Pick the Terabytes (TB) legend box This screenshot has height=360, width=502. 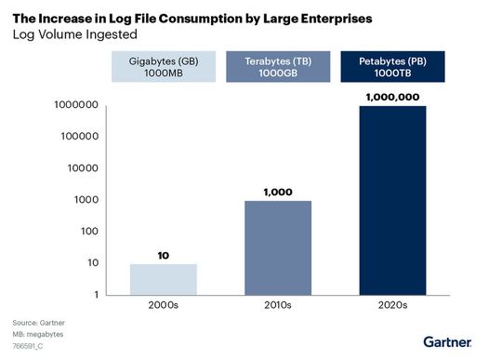tap(277, 68)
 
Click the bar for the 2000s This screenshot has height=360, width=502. tap(163, 279)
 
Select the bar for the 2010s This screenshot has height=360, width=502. tap(277, 247)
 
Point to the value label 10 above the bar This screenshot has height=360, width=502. tap(163, 254)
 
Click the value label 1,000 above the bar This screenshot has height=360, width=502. tap(277, 191)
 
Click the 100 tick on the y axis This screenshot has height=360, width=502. tap(86, 232)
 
